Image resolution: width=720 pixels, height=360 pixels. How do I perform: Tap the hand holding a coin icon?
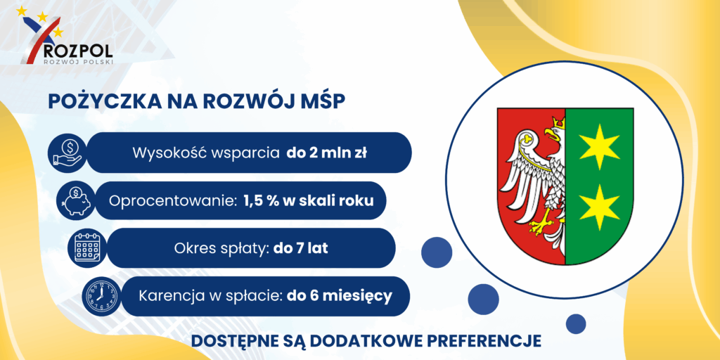[x=67, y=153]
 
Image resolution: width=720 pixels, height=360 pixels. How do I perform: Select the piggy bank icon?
[x=76, y=200]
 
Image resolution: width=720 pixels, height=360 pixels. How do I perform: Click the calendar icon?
[x=86, y=247]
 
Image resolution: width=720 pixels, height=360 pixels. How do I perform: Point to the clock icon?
[x=100, y=296]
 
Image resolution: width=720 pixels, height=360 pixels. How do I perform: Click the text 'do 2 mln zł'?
[x=326, y=153]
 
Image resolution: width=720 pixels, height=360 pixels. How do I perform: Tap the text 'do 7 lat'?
[x=301, y=248]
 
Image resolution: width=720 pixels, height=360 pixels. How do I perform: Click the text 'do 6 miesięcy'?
[x=340, y=296]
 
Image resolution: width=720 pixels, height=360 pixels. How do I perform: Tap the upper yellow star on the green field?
[x=599, y=146]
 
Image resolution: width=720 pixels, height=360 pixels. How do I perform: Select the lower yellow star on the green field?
[x=599, y=207]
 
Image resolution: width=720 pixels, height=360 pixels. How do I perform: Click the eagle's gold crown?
[x=558, y=122]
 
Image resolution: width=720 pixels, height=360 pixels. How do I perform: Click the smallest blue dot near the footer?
[x=575, y=323]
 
